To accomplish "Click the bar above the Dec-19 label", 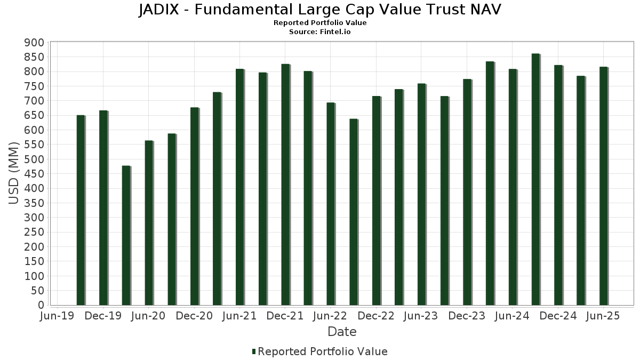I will click(103, 208).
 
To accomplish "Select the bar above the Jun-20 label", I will click(149, 223).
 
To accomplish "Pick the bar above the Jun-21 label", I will click(240, 187).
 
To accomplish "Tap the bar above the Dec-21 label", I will click(285, 185).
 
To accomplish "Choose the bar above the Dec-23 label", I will click(467, 192).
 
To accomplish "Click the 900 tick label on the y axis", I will click(34, 43).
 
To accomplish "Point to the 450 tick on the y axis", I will click(34, 174).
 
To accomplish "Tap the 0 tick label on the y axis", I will click(41, 305).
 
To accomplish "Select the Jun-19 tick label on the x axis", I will click(58, 316).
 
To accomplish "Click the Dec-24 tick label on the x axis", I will click(558, 316).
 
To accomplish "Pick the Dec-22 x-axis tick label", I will click(376, 316).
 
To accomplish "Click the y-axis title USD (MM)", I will click(14, 173).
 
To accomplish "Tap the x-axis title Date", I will click(342, 332).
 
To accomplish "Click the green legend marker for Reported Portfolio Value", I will click(254, 351).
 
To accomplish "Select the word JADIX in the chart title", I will click(161, 10).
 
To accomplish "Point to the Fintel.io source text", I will click(336, 32).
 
